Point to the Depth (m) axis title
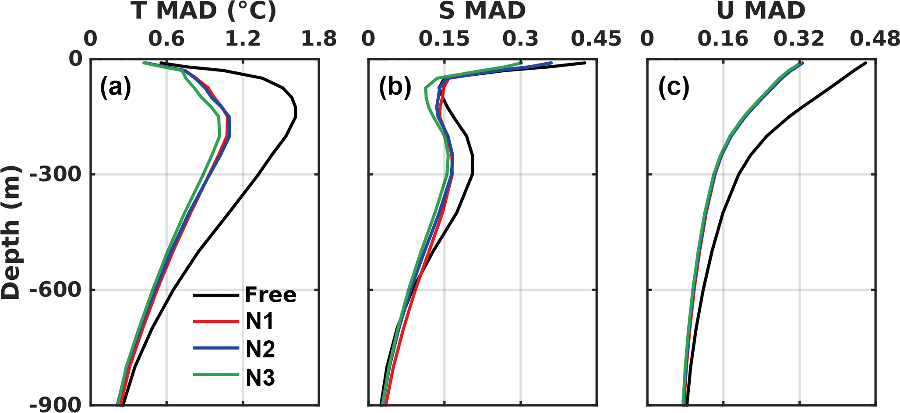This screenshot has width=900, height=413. [x=11, y=232]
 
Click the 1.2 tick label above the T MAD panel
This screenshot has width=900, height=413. [x=243, y=39]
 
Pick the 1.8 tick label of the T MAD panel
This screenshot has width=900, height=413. [x=319, y=39]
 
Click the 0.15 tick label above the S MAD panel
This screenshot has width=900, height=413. [x=444, y=39]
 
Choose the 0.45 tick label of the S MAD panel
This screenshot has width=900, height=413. [x=596, y=39]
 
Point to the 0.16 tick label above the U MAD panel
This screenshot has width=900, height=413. [x=723, y=39]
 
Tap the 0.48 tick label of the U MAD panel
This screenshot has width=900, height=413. [x=875, y=39]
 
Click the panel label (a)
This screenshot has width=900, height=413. [x=116, y=87]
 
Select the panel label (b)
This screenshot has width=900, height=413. [x=395, y=87]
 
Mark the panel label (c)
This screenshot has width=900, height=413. [x=674, y=87]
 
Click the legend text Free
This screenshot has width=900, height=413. [x=270, y=295]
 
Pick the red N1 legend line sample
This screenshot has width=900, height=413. [x=216, y=322]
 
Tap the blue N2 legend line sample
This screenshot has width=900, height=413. [x=216, y=349]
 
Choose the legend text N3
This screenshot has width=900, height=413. [x=260, y=377]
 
